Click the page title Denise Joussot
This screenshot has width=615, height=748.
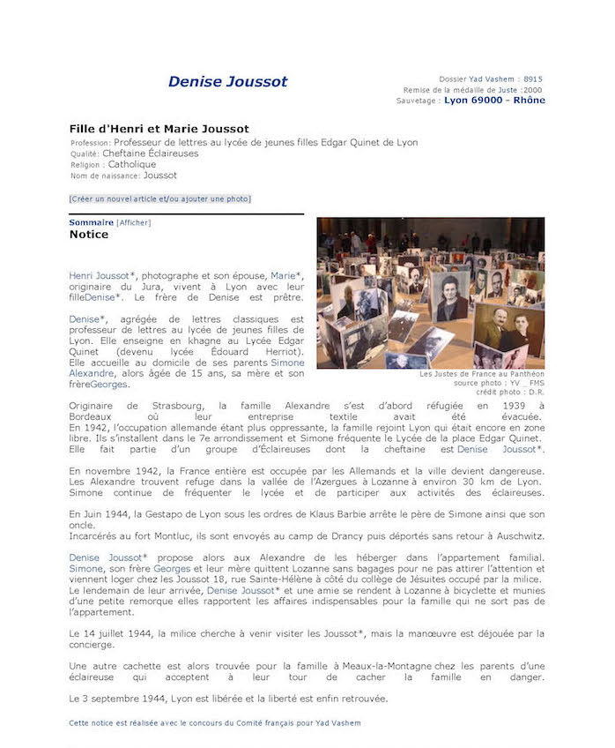[x=227, y=82]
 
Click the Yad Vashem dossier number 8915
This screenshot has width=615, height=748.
[x=533, y=79]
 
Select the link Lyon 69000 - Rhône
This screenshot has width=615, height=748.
[x=494, y=101]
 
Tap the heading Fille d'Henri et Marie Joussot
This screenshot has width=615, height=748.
[x=159, y=129]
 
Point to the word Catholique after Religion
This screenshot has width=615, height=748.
[x=132, y=164]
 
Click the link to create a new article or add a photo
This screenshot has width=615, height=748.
[x=159, y=198]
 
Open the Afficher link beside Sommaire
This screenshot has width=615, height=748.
[x=133, y=222]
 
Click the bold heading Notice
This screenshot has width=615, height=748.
[x=89, y=235]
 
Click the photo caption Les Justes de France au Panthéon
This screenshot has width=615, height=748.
[x=482, y=374]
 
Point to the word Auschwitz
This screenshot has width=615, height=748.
[x=513, y=536]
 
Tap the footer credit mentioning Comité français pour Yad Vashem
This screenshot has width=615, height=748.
[x=214, y=722]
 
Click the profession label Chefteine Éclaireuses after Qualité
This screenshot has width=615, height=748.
[x=151, y=153]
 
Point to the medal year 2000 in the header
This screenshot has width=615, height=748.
[x=532, y=90]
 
